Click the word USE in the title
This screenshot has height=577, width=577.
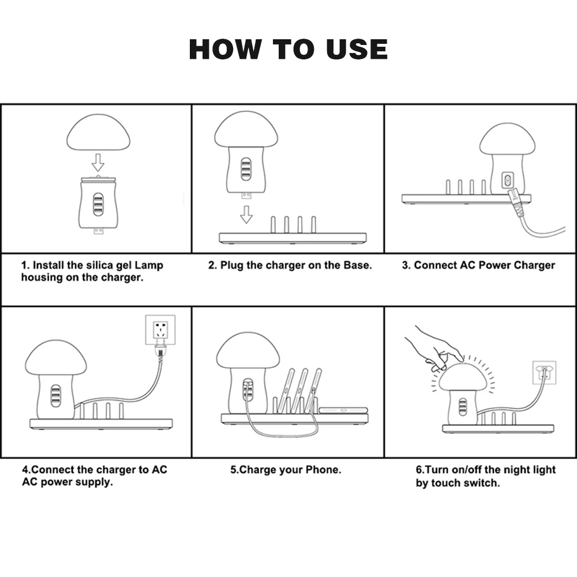(x=357, y=49)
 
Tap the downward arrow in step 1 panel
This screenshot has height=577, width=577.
(x=98, y=162)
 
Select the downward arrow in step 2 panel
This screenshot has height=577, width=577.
(x=246, y=214)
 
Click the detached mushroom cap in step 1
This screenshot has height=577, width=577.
(x=98, y=132)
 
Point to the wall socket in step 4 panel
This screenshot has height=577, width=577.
(x=160, y=329)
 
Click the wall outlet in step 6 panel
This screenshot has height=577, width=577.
(x=544, y=373)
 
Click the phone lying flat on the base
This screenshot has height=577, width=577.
(x=343, y=410)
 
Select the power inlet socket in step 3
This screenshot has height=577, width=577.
(x=507, y=180)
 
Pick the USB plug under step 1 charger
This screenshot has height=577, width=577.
(x=98, y=231)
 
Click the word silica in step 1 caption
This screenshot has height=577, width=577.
(x=99, y=265)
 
